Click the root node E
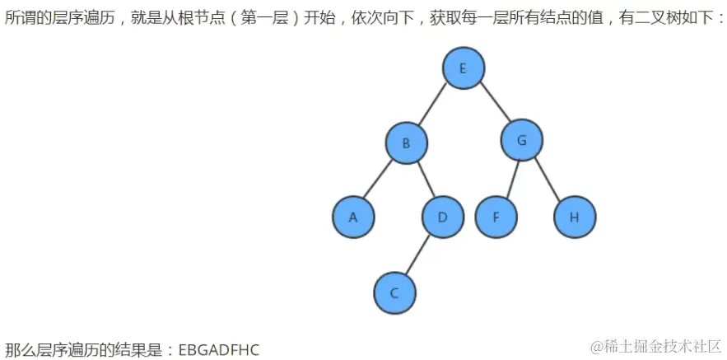pyautogui.click(x=463, y=68)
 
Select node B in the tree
pyautogui.click(x=406, y=143)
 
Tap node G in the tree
pyautogui.click(x=521, y=141)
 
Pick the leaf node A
pyautogui.click(x=353, y=217)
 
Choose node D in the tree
pyautogui.click(x=442, y=217)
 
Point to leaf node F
pyautogui.click(x=496, y=217)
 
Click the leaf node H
pyautogui.click(x=574, y=217)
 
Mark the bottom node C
pyautogui.click(x=394, y=292)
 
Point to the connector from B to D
pyautogui.click(x=424, y=180)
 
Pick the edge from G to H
pyautogui.click(x=548, y=179)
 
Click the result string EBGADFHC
pyautogui.click(x=218, y=350)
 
